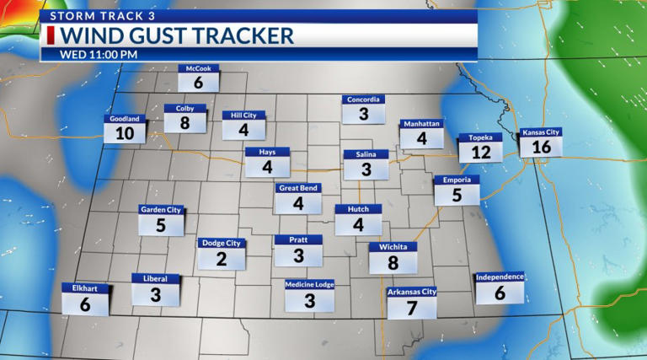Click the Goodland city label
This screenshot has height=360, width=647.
125,119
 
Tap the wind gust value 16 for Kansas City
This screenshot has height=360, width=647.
541,147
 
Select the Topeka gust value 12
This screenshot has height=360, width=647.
481,153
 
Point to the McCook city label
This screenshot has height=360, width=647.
199,69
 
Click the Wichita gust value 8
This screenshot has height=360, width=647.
393,263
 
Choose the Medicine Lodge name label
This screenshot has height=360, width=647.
309,285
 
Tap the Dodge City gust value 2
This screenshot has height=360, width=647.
221,260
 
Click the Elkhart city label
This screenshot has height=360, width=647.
85,288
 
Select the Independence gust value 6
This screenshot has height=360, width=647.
500,293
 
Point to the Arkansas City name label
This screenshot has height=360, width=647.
412,292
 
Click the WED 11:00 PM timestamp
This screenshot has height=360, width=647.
99,54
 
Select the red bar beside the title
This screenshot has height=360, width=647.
51,35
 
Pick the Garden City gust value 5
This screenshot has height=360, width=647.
161,226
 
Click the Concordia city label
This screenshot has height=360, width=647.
364,99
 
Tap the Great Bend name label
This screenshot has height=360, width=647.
298,188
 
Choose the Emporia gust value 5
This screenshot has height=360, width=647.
457,196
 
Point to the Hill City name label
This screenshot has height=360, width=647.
243,115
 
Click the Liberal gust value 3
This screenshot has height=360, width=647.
156,295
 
